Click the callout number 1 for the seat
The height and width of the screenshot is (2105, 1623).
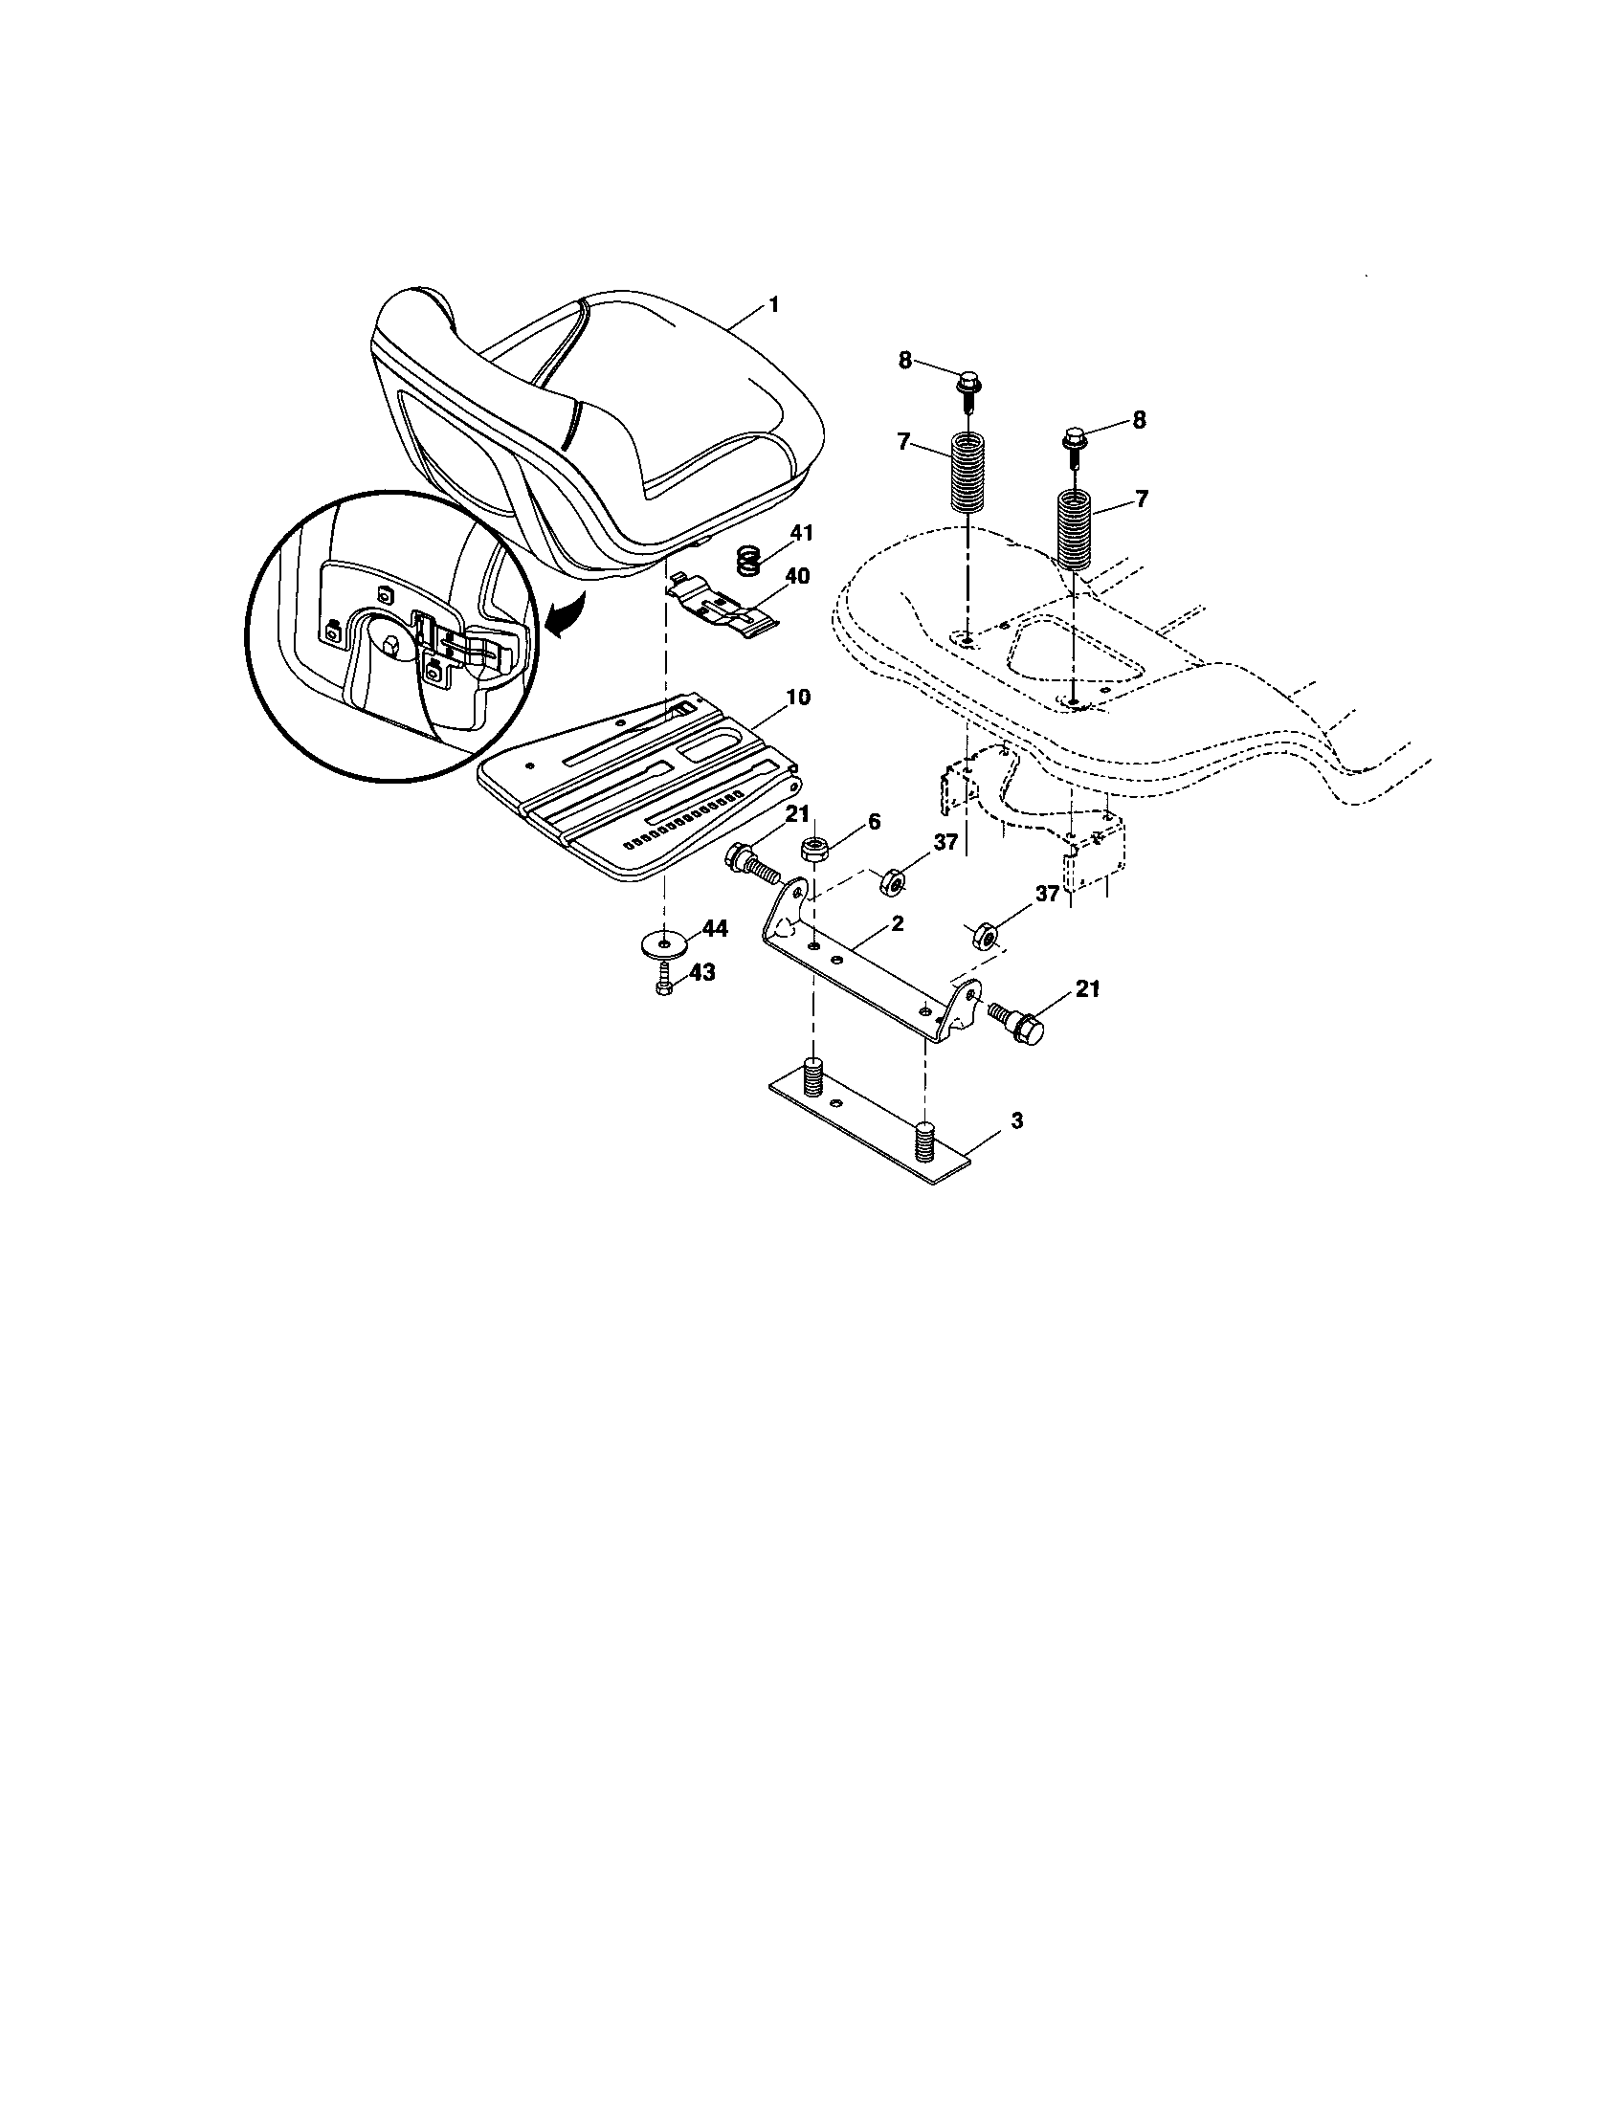tap(772, 303)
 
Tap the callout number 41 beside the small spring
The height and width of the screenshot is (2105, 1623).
tap(802, 531)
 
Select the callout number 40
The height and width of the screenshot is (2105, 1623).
tap(797, 576)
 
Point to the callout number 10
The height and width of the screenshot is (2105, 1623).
tap(799, 697)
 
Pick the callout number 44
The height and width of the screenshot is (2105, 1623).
tap(715, 929)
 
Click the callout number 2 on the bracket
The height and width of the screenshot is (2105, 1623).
tap(898, 922)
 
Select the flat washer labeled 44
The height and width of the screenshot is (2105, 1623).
tap(663, 941)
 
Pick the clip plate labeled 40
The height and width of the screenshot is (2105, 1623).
tap(719, 609)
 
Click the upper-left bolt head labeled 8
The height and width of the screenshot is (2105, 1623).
tap(966, 383)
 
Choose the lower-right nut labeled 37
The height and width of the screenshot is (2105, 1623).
tap(983, 934)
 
